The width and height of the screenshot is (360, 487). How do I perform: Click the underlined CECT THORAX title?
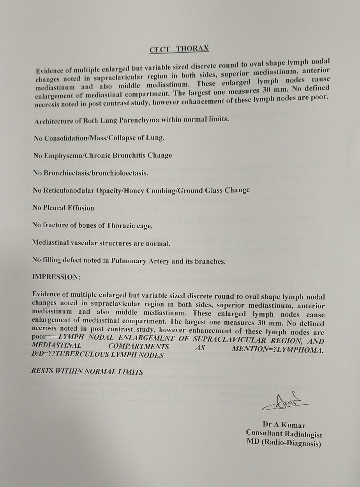click(x=179, y=49)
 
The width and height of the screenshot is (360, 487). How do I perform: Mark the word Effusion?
click(x=81, y=208)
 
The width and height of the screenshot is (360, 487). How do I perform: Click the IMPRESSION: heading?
click(x=56, y=277)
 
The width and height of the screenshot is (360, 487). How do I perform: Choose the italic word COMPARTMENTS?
click(x=139, y=347)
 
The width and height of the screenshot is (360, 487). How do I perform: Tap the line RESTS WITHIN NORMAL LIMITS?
click(x=87, y=372)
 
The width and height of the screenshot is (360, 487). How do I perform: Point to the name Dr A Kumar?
click(x=284, y=425)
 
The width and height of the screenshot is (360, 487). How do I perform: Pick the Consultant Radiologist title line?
click(x=284, y=434)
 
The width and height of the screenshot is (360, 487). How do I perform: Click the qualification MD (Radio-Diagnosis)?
click(x=284, y=443)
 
